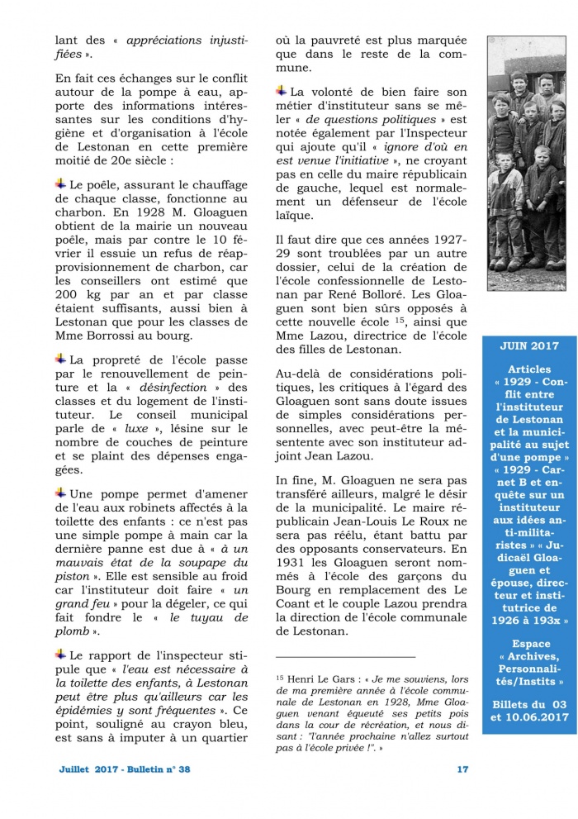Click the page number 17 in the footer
tap(462, 769)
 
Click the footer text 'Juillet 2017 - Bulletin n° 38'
tap(125, 769)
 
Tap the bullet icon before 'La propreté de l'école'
tap(61, 359)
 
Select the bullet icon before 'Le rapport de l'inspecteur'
tap(61, 654)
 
